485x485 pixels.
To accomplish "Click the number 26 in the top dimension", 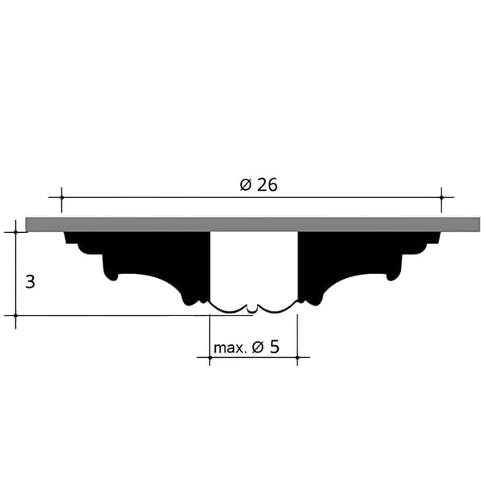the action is point(268,185).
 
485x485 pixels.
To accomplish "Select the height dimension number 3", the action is point(30,282).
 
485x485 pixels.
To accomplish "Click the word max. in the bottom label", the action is point(230,348).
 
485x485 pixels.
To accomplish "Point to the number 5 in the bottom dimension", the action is point(274,347).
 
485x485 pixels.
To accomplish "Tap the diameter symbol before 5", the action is point(258,347).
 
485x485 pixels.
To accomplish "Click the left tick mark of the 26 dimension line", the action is point(61,197).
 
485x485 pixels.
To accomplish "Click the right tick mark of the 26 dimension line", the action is point(441,197).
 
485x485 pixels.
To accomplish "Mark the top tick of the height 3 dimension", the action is point(15,232).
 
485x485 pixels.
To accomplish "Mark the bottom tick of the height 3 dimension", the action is point(15,315).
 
